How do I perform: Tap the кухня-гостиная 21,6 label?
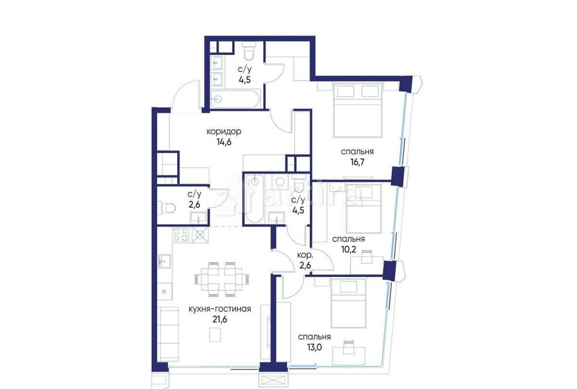click(219, 314)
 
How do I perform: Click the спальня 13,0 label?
click(314, 342)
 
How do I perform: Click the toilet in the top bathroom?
click(249, 54)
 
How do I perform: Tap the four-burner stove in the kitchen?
click(181, 235)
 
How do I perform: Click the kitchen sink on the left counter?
click(163, 261)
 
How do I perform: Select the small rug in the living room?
click(215, 334)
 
